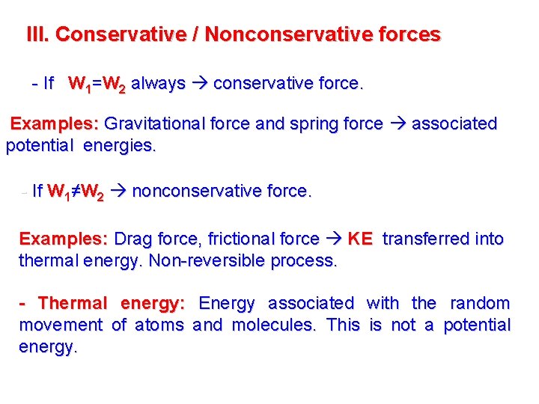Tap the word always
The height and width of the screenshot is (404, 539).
pyautogui.click(x=158, y=84)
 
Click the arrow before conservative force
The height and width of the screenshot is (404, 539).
pyautogui.click(x=200, y=84)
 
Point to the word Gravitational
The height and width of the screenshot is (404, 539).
pyautogui.click(x=156, y=123)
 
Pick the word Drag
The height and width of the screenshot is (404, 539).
pyautogui.click(x=133, y=239)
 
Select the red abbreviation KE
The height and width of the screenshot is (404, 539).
pyautogui.click(x=360, y=239)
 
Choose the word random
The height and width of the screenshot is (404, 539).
pyautogui.click(x=480, y=304)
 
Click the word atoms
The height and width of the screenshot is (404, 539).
pyautogui.click(x=158, y=325)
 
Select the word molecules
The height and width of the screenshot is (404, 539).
pyautogui.click(x=275, y=325)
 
